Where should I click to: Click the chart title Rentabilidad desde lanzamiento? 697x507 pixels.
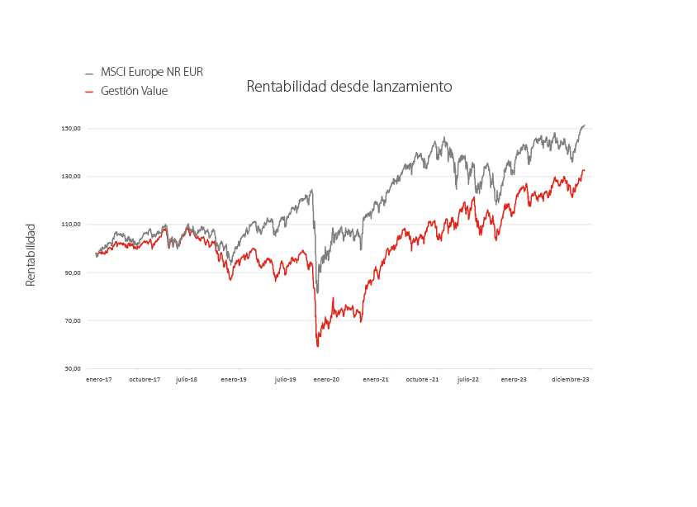point(348,87)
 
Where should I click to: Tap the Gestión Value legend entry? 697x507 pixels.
point(134,91)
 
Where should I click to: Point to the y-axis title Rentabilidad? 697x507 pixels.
point(31,254)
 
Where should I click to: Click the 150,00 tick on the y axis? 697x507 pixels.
point(70,128)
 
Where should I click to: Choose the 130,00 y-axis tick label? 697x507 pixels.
point(70,177)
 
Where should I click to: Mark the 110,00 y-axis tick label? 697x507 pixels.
point(70,225)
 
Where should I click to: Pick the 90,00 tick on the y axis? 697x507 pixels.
point(72,272)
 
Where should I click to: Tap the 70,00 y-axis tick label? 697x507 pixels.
point(72,320)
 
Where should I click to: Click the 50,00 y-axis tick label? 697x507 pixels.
point(72,368)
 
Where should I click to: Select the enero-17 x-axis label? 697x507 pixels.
point(98,380)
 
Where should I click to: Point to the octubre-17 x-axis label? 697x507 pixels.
point(145,380)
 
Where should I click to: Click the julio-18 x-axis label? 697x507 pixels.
point(187,380)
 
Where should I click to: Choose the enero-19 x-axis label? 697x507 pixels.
point(234,380)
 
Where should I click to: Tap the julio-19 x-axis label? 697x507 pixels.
point(286,380)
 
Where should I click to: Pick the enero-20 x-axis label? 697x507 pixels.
point(327,380)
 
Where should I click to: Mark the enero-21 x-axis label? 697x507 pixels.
point(375,380)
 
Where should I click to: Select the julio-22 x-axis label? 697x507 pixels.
point(467,380)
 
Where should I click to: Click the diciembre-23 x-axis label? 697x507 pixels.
point(571,380)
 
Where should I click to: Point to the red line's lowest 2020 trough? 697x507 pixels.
point(317,346)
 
